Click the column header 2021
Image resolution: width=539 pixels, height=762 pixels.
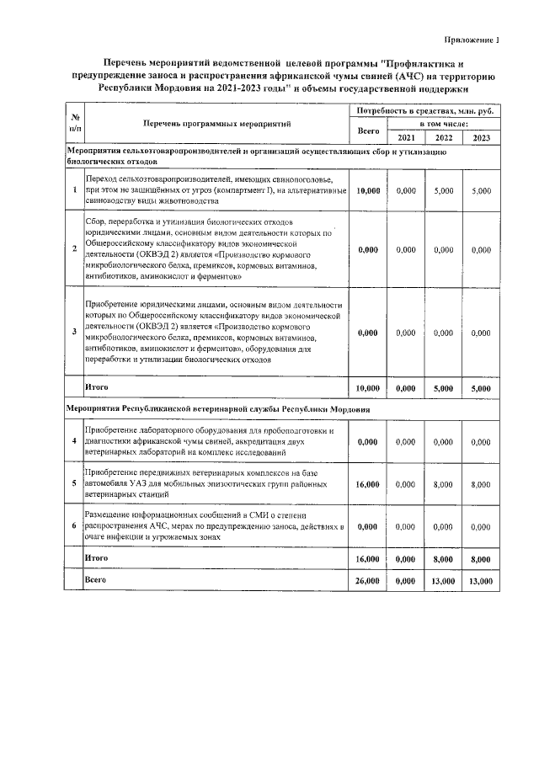pyautogui.click(x=406, y=138)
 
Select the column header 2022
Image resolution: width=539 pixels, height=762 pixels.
pyautogui.click(x=444, y=138)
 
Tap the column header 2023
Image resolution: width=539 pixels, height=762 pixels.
pyautogui.click(x=481, y=138)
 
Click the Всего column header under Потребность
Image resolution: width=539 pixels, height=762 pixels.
pyautogui.click(x=368, y=131)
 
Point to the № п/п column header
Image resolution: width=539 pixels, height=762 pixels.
pyautogui.click(x=75, y=123)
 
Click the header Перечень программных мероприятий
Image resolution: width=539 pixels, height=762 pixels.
pyautogui.click(x=216, y=123)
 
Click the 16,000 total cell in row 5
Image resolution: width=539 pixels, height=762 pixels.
pyautogui.click(x=368, y=485)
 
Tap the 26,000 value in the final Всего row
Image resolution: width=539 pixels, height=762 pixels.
pyautogui.click(x=368, y=581)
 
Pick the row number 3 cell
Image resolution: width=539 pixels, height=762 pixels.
pyautogui.click(x=75, y=333)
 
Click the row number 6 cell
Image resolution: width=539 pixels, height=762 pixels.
pyautogui.click(x=75, y=525)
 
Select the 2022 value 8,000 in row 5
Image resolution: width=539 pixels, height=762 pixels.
pyautogui.click(x=444, y=485)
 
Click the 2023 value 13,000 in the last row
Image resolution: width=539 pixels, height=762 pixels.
pyautogui.click(x=481, y=581)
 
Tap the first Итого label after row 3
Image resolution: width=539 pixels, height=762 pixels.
pyautogui.click(x=97, y=386)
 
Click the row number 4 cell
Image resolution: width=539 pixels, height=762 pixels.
pyautogui.click(x=75, y=442)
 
